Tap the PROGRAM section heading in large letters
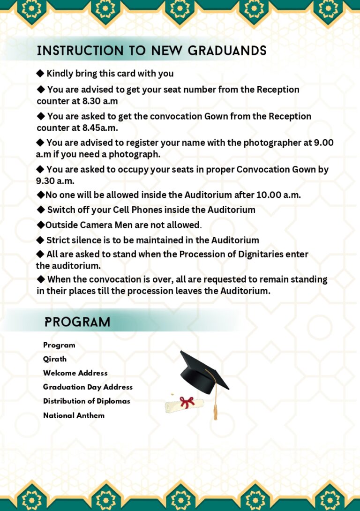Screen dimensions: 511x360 tap(78, 322)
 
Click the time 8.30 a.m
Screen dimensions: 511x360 tap(97, 101)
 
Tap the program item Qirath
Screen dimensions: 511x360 tap(55, 359)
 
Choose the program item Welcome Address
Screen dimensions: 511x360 tap(75, 373)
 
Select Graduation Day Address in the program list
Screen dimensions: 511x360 tap(88, 387)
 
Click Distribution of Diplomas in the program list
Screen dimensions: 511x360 tap(87, 401)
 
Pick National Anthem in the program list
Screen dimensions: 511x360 tap(74, 415)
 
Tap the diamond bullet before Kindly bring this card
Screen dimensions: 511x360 tap(40, 73)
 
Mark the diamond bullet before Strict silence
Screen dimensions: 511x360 tap(40, 240)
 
